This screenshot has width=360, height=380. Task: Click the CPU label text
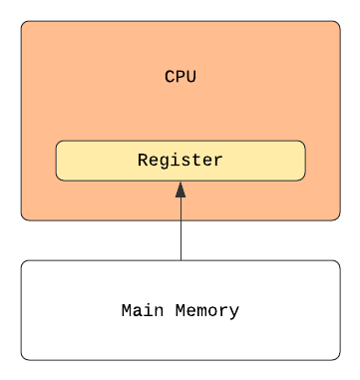(x=180, y=77)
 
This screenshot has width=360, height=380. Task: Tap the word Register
(x=180, y=160)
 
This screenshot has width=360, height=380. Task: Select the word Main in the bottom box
(x=143, y=310)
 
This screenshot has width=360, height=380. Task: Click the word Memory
(x=207, y=311)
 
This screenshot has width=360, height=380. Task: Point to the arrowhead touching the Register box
(x=180, y=190)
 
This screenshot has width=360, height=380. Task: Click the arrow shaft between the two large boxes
(x=180, y=240)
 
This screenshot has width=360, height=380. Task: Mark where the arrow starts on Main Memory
(x=180, y=260)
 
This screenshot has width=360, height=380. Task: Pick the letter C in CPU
(x=170, y=77)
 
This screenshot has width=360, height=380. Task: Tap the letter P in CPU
(x=180, y=77)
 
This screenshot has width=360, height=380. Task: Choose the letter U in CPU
(x=190, y=77)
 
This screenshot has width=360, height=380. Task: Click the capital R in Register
(x=143, y=160)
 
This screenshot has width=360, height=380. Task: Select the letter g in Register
(x=164, y=162)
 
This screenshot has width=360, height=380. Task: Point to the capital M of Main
(x=127, y=310)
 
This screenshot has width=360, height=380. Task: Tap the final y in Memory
(x=234, y=313)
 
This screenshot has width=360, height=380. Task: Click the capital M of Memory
(x=180, y=310)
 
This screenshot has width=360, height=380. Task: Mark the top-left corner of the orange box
(x=22, y=22)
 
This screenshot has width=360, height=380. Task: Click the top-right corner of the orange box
(x=340, y=22)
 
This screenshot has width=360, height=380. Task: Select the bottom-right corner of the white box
(x=340, y=359)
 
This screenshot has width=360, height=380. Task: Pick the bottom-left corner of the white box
(x=22, y=359)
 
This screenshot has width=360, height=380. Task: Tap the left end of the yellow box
(x=56, y=161)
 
